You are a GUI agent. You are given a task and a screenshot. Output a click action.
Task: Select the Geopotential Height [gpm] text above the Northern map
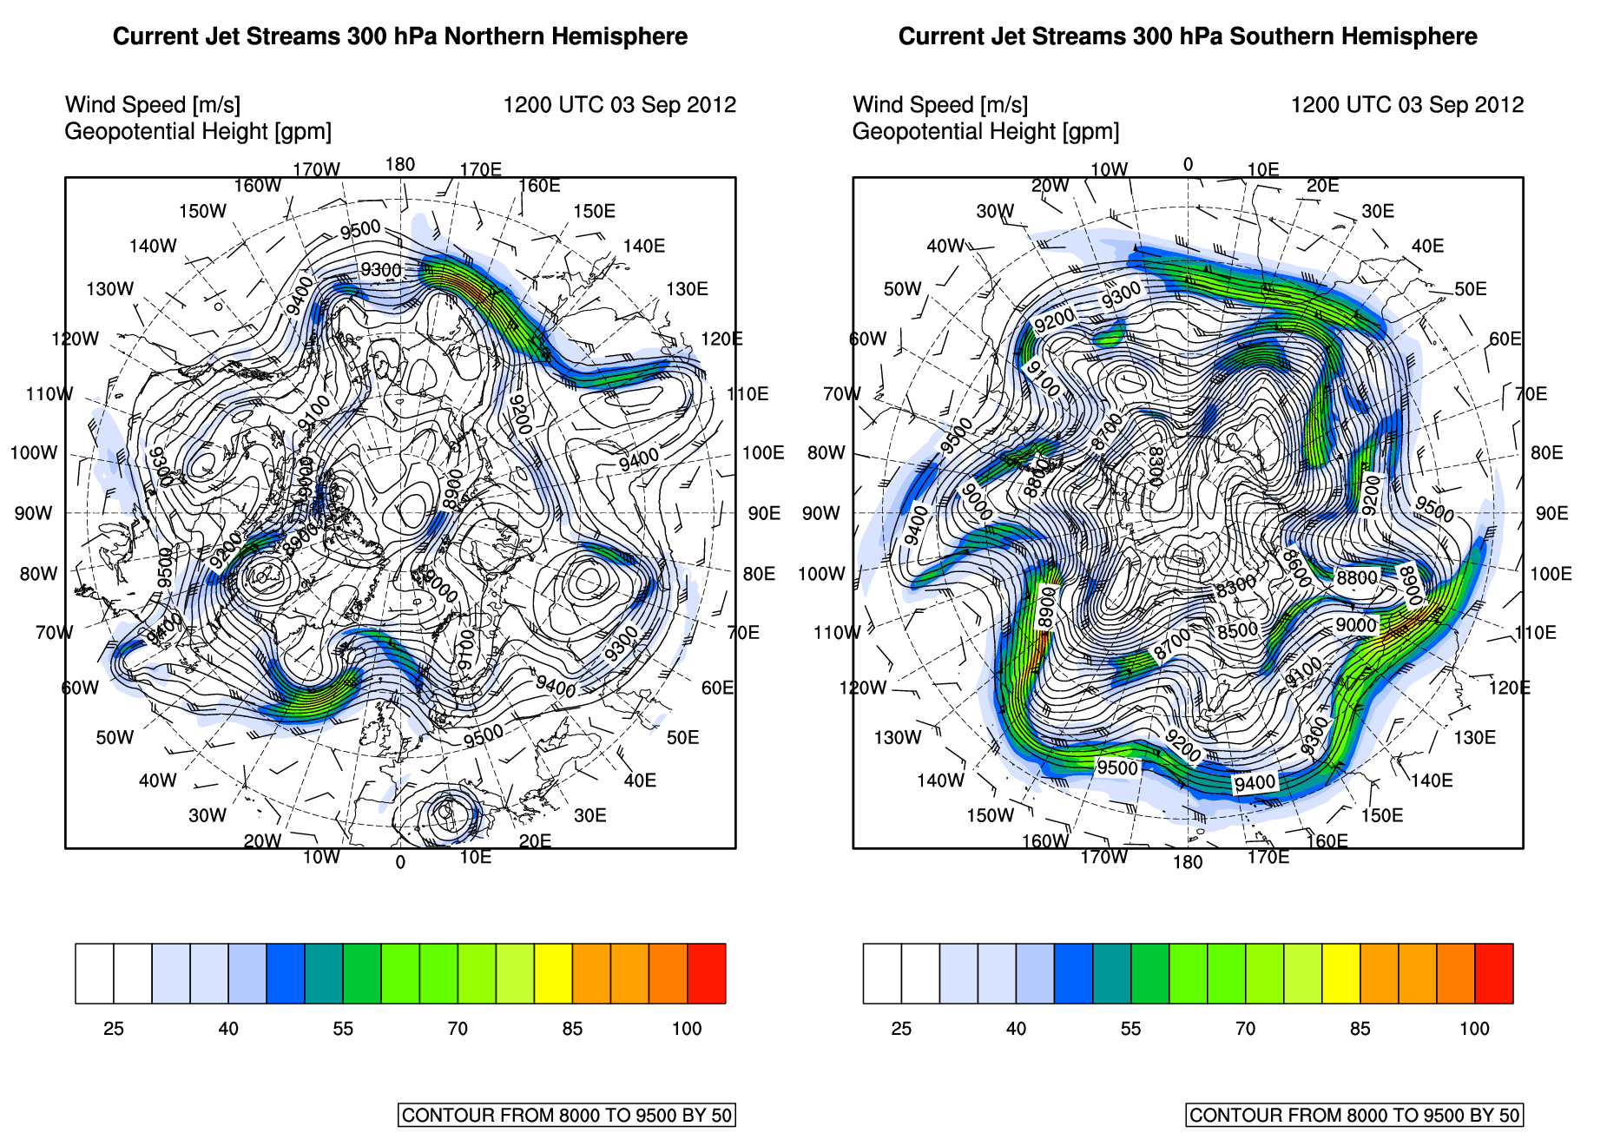tap(198, 132)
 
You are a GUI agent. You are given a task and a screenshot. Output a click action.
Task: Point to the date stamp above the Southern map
tap(1406, 105)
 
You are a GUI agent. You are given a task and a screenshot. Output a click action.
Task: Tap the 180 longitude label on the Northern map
tap(400, 165)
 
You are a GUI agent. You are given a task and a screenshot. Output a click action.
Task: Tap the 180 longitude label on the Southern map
tap(1188, 862)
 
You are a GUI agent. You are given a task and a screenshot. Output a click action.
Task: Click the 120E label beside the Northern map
tap(721, 339)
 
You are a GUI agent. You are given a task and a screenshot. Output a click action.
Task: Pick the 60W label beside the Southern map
tap(867, 339)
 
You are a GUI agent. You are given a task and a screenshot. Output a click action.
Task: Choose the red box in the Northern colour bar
tap(706, 973)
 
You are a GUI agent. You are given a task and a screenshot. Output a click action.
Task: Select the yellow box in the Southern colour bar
tap(1340, 973)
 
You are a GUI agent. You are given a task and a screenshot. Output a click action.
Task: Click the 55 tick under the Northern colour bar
tap(343, 1029)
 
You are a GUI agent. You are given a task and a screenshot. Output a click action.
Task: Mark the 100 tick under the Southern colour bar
tap(1474, 1029)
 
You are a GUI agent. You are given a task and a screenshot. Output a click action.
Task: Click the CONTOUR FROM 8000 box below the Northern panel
tap(566, 1116)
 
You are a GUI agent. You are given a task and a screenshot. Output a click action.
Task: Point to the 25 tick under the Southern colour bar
tap(901, 1029)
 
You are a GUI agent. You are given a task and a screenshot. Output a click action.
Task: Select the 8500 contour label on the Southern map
tap(1237, 631)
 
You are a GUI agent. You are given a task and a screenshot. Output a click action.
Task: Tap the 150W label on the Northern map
tap(202, 212)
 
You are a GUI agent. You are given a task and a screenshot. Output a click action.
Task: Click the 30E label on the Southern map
tap(1378, 212)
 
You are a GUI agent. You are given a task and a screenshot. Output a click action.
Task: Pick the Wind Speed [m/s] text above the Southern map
tap(940, 105)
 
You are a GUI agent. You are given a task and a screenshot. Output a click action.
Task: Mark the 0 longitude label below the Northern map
tap(400, 862)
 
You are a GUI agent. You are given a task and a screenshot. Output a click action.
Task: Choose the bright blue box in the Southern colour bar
tap(1073, 973)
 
